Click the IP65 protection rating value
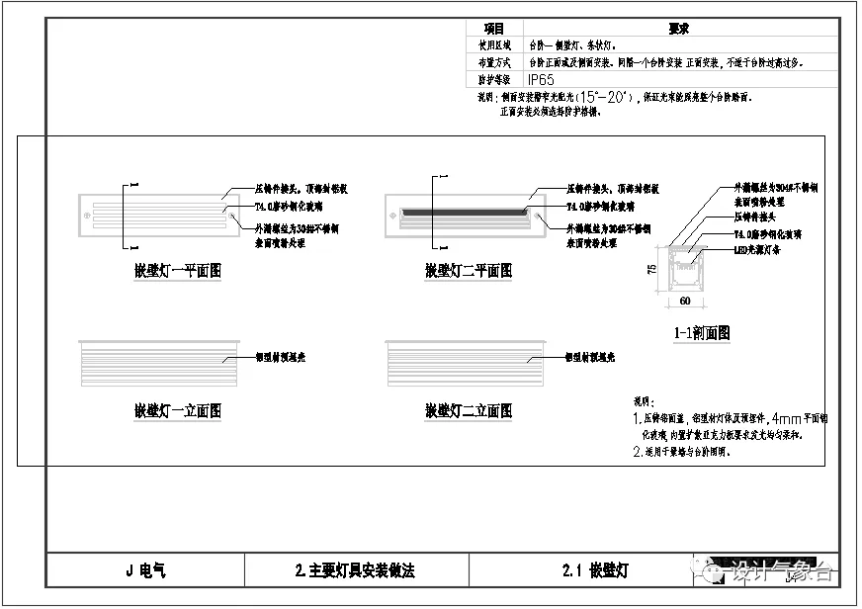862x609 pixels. point(541,78)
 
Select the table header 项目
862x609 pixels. point(493,30)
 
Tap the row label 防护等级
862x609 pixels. point(494,78)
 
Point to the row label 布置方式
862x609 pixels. point(494,61)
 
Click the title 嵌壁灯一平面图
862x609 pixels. point(178,270)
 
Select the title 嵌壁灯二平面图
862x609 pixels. point(469,270)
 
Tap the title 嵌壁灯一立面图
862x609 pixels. point(178,410)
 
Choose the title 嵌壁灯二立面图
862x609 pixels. point(469,410)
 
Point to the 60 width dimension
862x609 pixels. point(684,299)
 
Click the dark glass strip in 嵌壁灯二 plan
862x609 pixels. point(462,211)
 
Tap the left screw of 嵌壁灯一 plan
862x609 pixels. point(87,211)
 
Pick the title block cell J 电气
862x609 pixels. point(145,570)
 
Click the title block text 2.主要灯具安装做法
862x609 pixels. point(355,570)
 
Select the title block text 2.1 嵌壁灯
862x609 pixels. point(594,570)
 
